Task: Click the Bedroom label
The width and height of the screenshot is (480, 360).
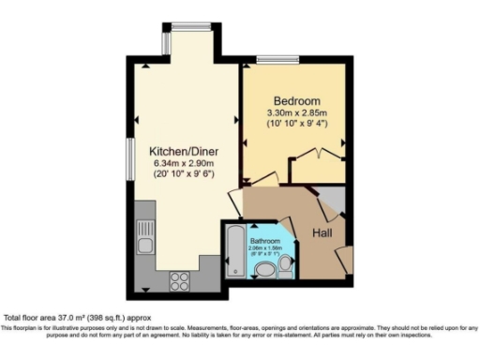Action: (297, 101)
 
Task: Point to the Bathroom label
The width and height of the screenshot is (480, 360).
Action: (265, 241)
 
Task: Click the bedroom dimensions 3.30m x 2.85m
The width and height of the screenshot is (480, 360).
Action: (297, 114)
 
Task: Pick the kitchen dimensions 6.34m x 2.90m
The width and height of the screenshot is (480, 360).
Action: (183, 164)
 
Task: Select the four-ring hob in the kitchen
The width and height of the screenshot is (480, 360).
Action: (181, 279)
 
